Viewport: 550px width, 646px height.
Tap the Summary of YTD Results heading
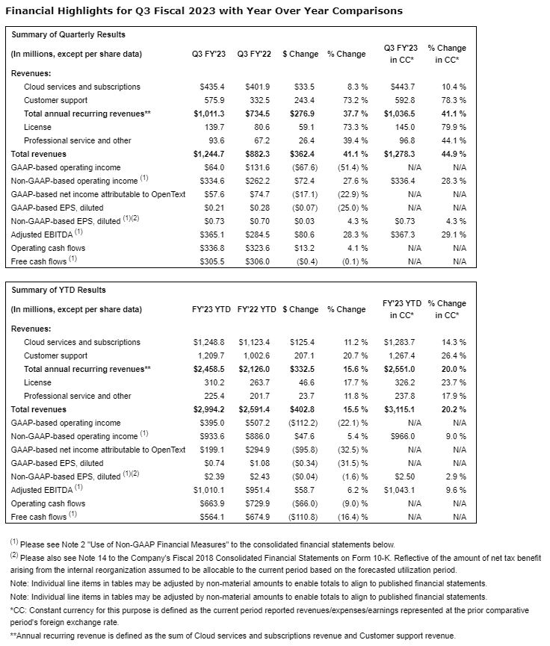[58, 290]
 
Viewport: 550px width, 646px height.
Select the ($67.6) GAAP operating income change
[302, 167]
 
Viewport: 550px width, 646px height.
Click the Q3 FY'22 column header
[254, 54]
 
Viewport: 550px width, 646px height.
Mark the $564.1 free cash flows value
[210, 517]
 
